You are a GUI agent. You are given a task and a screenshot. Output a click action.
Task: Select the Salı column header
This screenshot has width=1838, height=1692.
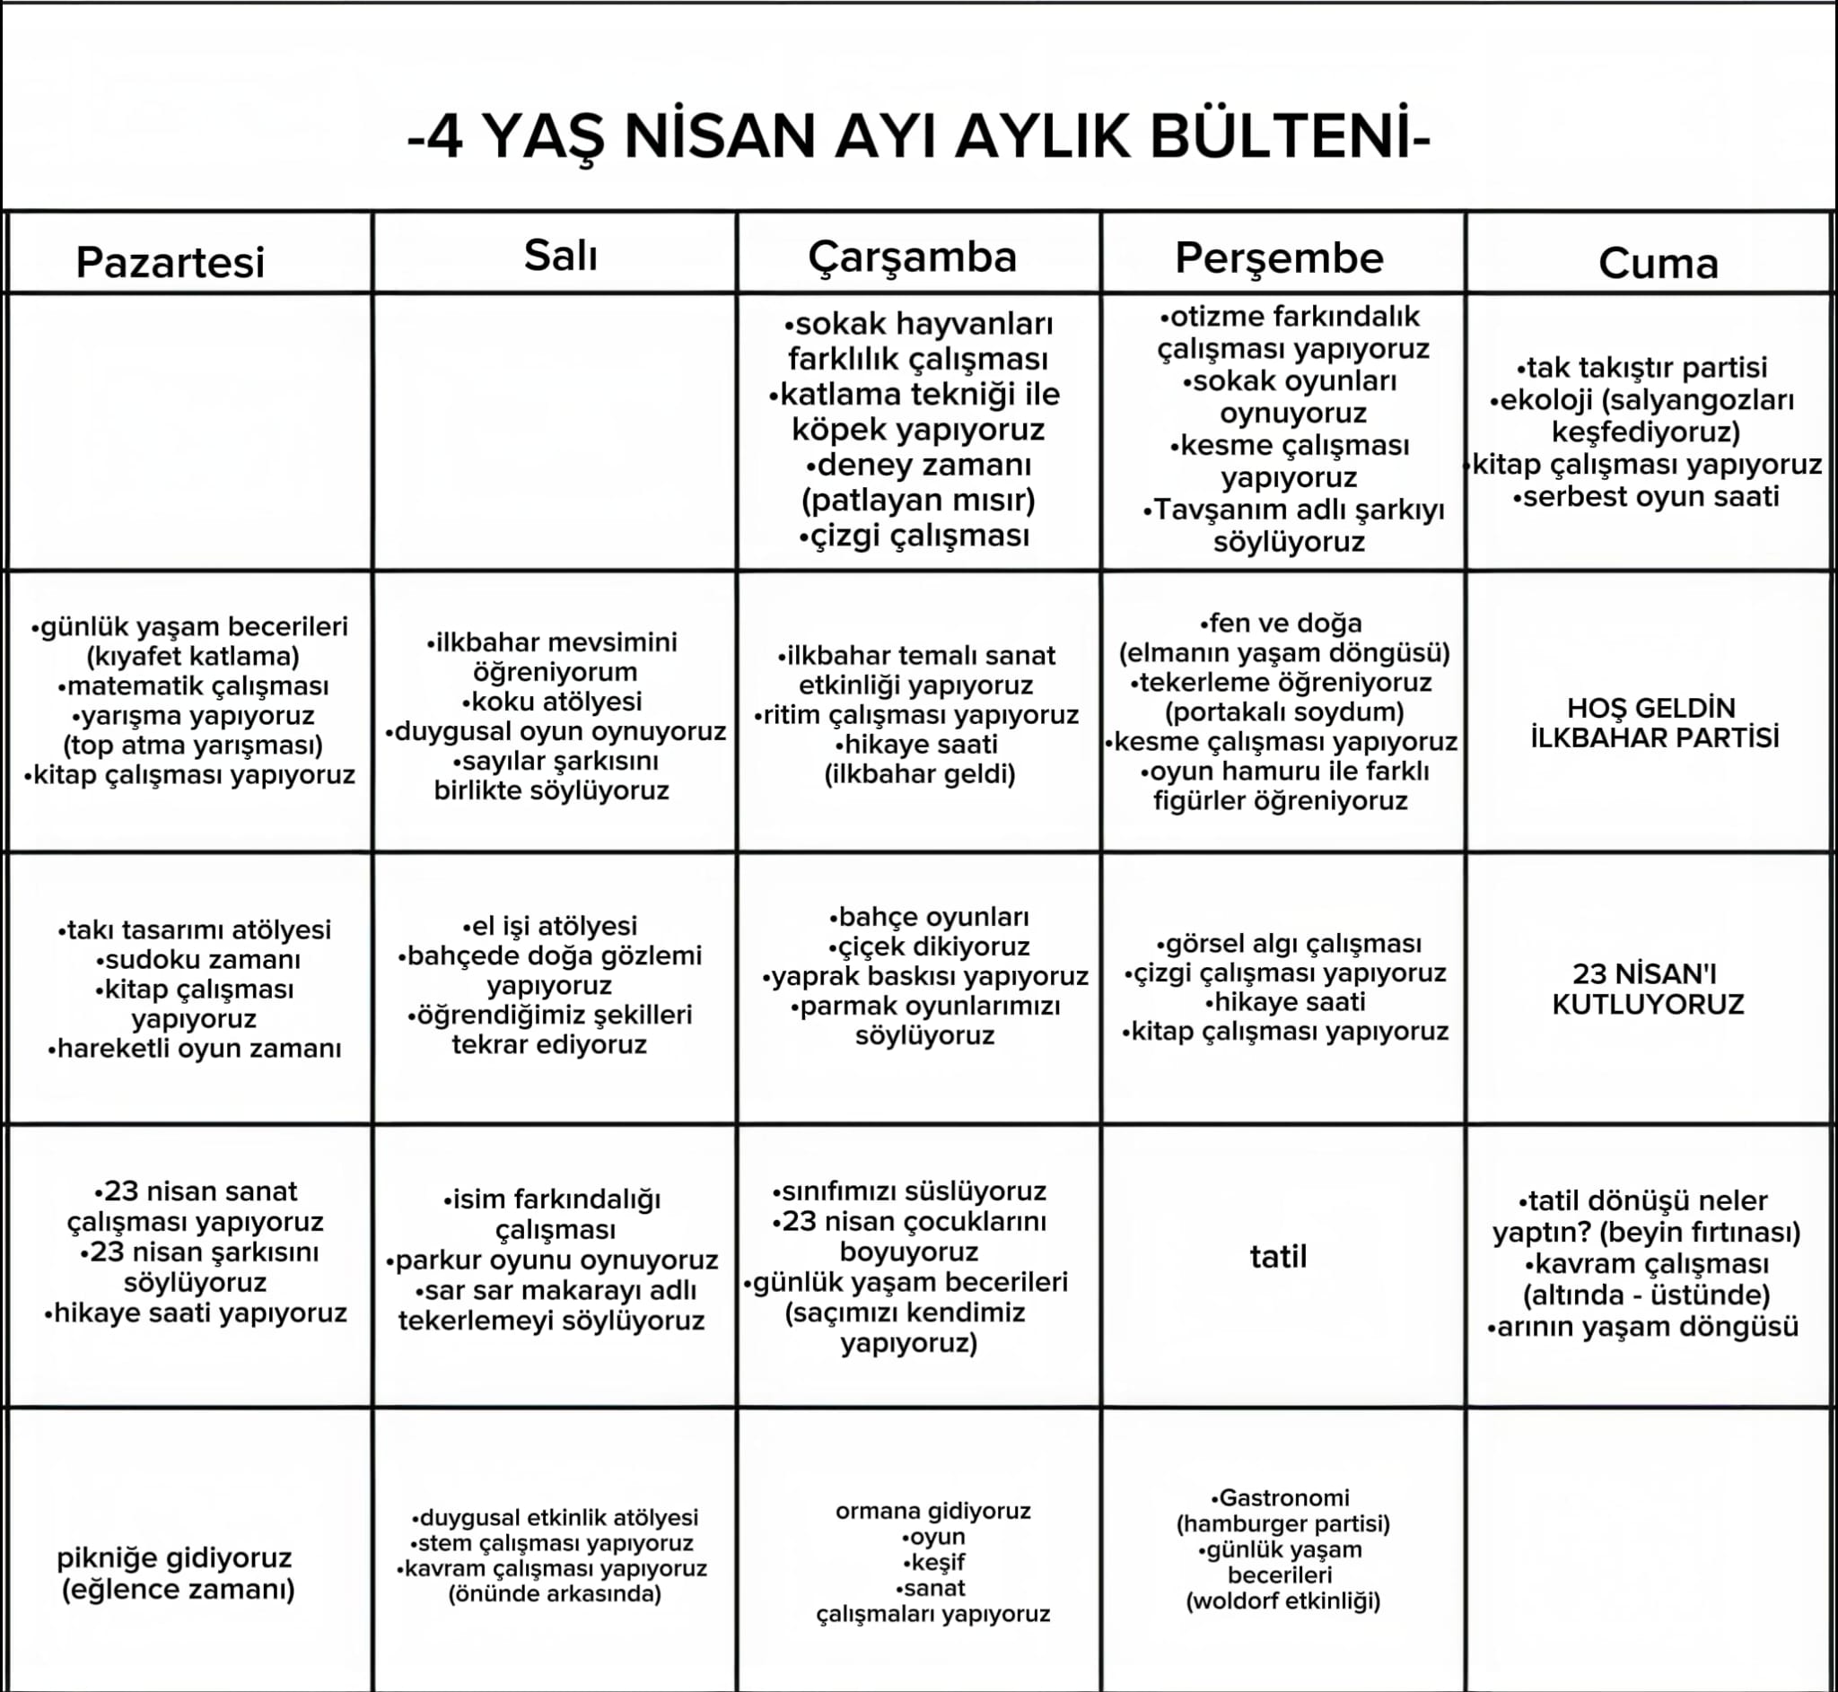pyautogui.click(x=561, y=256)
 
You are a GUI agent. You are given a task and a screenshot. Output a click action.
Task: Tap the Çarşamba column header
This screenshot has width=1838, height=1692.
pyautogui.click(x=912, y=257)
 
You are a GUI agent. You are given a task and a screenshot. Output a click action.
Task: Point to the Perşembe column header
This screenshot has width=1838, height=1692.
pyautogui.click(x=1279, y=258)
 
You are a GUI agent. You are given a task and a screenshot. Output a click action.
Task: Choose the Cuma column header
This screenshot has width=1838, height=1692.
pyautogui.click(x=1658, y=264)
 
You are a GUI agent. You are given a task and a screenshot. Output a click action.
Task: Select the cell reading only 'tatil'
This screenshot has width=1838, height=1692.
pyautogui.click(x=1279, y=1256)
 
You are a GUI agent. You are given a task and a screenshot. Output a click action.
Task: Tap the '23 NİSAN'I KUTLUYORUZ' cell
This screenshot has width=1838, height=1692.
pyautogui.click(x=1648, y=989)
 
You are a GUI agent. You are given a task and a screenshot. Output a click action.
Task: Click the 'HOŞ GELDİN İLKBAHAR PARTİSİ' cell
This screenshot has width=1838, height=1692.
pyautogui.click(x=1655, y=722)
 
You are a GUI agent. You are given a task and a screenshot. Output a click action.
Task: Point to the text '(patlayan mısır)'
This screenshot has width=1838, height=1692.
pyautogui.click(x=917, y=500)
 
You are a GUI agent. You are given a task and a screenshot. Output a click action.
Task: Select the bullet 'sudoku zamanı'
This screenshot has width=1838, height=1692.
pyautogui.click(x=197, y=960)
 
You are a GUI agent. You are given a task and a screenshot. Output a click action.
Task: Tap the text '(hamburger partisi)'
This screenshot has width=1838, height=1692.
pyautogui.click(x=1283, y=1523)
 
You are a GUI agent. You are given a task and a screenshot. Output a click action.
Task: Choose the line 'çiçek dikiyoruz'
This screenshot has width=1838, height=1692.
pyautogui.click(x=929, y=946)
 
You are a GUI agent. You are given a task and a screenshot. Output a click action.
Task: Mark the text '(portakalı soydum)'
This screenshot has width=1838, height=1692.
pyautogui.click(x=1284, y=711)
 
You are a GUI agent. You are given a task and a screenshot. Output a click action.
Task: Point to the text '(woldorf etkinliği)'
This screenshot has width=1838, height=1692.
pyautogui.click(x=1283, y=1600)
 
